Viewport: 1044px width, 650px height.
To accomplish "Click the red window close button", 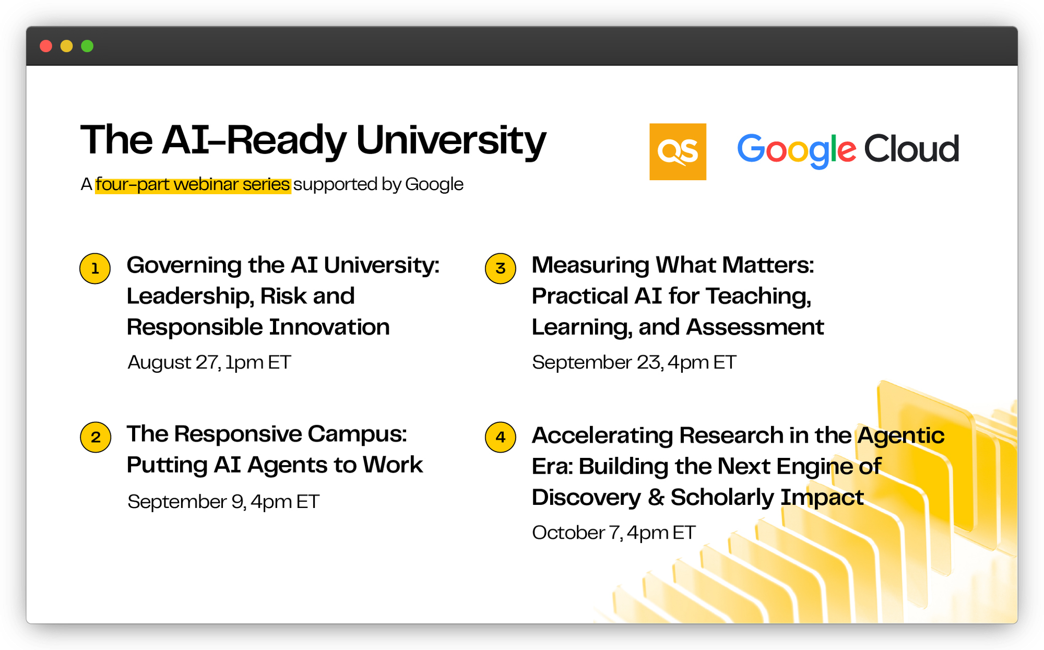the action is [46, 46].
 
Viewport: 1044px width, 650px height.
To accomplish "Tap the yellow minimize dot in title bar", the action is [67, 46].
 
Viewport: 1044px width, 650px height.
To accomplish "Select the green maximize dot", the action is [87, 46].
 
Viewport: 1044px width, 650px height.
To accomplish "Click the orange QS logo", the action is [678, 151].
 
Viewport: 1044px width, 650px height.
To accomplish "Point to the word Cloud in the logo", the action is [911, 149].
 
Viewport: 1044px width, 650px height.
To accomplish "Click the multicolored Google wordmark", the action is [797, 150].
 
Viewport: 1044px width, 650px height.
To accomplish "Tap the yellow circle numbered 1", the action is [95, 268].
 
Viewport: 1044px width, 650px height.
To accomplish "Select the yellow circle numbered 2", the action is [96, 437].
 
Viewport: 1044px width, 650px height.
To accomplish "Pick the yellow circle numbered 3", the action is [501, 268].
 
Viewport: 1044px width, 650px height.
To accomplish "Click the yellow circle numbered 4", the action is [501, 437].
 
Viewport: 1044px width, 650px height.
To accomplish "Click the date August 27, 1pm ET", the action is [209, 362].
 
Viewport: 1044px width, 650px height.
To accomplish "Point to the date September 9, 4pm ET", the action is [223, 502].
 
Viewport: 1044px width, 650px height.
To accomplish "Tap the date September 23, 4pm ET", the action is [634, 362].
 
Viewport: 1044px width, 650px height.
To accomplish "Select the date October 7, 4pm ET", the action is [614, 533].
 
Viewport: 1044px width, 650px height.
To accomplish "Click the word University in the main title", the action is [451, 141].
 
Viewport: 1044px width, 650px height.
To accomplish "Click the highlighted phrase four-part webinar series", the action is [193, 184].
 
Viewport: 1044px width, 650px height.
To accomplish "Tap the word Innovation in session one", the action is [329, 327].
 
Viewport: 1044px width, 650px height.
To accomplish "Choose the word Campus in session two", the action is [358, 434].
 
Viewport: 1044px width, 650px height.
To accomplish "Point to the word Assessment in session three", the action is [755, 327].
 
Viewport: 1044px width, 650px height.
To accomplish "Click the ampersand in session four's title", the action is [656, 498].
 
